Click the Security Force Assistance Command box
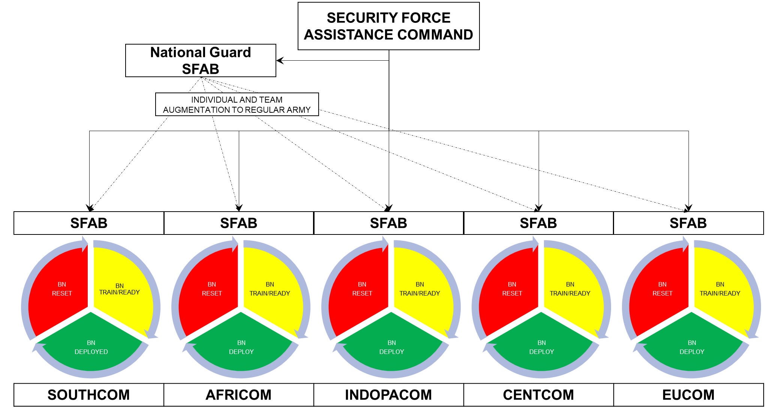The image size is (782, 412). click(388, 26)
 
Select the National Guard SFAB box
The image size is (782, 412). click(201, 61)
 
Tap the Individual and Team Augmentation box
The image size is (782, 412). click(237, 104)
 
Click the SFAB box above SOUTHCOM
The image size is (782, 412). click(89, 223)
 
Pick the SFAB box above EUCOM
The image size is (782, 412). click(688, 223)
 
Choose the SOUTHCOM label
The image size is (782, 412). click(89, 395)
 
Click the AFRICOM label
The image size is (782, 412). click(238, 395)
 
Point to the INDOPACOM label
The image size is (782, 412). click(388, 395)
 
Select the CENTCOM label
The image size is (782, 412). click(538, 395)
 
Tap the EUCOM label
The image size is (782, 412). click(688, 395)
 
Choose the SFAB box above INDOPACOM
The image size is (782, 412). click(388, 223)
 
